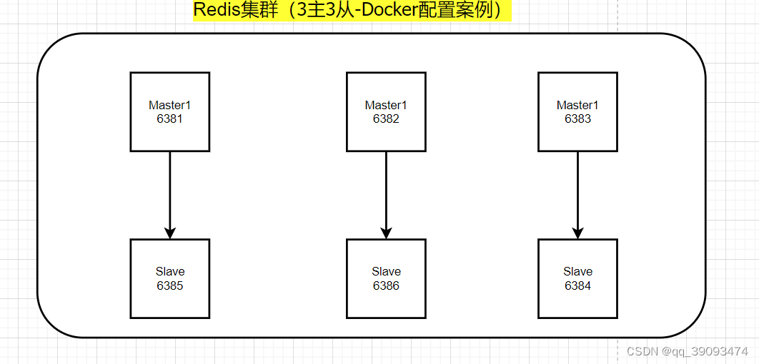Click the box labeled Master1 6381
point(170,111)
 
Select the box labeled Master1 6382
point(386,111)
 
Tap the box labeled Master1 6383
point(577,111)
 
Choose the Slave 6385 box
point(170,278)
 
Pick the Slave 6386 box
point(386,278)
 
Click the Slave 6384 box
point(577,278)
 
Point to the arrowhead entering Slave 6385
point(170,233)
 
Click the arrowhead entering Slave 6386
point(386,233)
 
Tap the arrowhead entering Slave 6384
point(577,233)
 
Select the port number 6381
point(170,119)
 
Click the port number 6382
point(386,119)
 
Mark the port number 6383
point(577,119)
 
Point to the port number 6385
point(170,286)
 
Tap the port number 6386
point(386,286)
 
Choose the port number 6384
point(577,286)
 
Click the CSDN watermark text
point(642,351)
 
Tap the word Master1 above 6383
point(577,105)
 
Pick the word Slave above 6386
point(386,271)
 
